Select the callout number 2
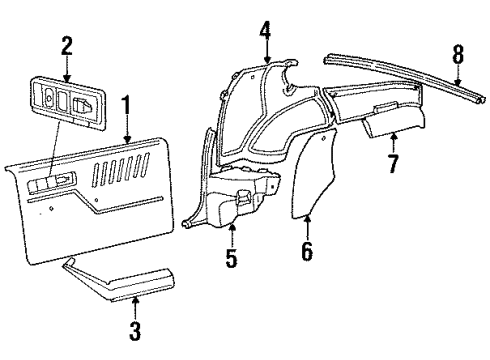pyautogui.click(x=66, y=45)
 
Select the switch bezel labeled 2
pyautogui.click(x=68, y=101)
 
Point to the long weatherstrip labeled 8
pyautogui.click(x=400, y=70)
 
